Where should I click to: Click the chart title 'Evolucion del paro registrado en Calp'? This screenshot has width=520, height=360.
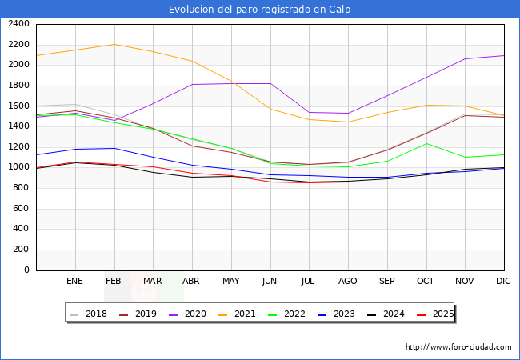(259, 10)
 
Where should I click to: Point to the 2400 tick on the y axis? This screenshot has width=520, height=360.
(18, 24)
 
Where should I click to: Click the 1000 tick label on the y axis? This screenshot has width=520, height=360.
(18, 167)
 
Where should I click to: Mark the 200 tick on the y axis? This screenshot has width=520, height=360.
(21, 250)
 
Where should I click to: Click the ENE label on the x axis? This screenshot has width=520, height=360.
(74, 281)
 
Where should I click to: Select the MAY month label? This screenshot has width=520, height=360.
(230, 281)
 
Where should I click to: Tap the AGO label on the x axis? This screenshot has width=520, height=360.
(348, 281)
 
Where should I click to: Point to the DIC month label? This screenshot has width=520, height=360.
(504, 281)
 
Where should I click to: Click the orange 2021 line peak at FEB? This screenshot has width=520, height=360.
(114, 44)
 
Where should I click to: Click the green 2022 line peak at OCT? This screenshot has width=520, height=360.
(426, 143)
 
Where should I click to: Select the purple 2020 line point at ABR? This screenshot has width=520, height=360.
(192, 84)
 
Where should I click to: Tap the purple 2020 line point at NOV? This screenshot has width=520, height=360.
(465, 58)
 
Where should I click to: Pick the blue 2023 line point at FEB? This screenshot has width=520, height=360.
(114, 148)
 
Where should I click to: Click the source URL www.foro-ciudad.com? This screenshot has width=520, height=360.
(458, 347)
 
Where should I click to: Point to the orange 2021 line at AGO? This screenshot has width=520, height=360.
(348, 122)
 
